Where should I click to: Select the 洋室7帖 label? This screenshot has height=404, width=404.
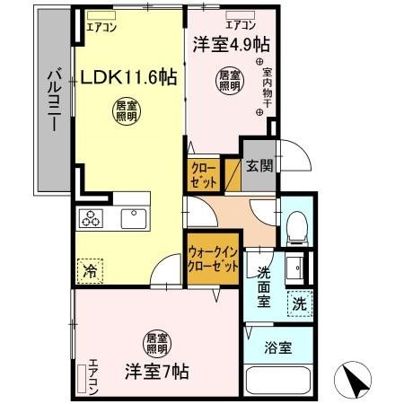point(155,368)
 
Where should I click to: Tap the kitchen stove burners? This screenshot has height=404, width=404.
point(92,217)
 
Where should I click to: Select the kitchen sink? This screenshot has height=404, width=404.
point(134,218)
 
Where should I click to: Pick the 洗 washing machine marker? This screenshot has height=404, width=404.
point(300,303)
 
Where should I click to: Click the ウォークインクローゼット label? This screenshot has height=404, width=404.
point(214,260)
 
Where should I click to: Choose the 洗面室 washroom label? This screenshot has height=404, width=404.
point(264,286)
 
